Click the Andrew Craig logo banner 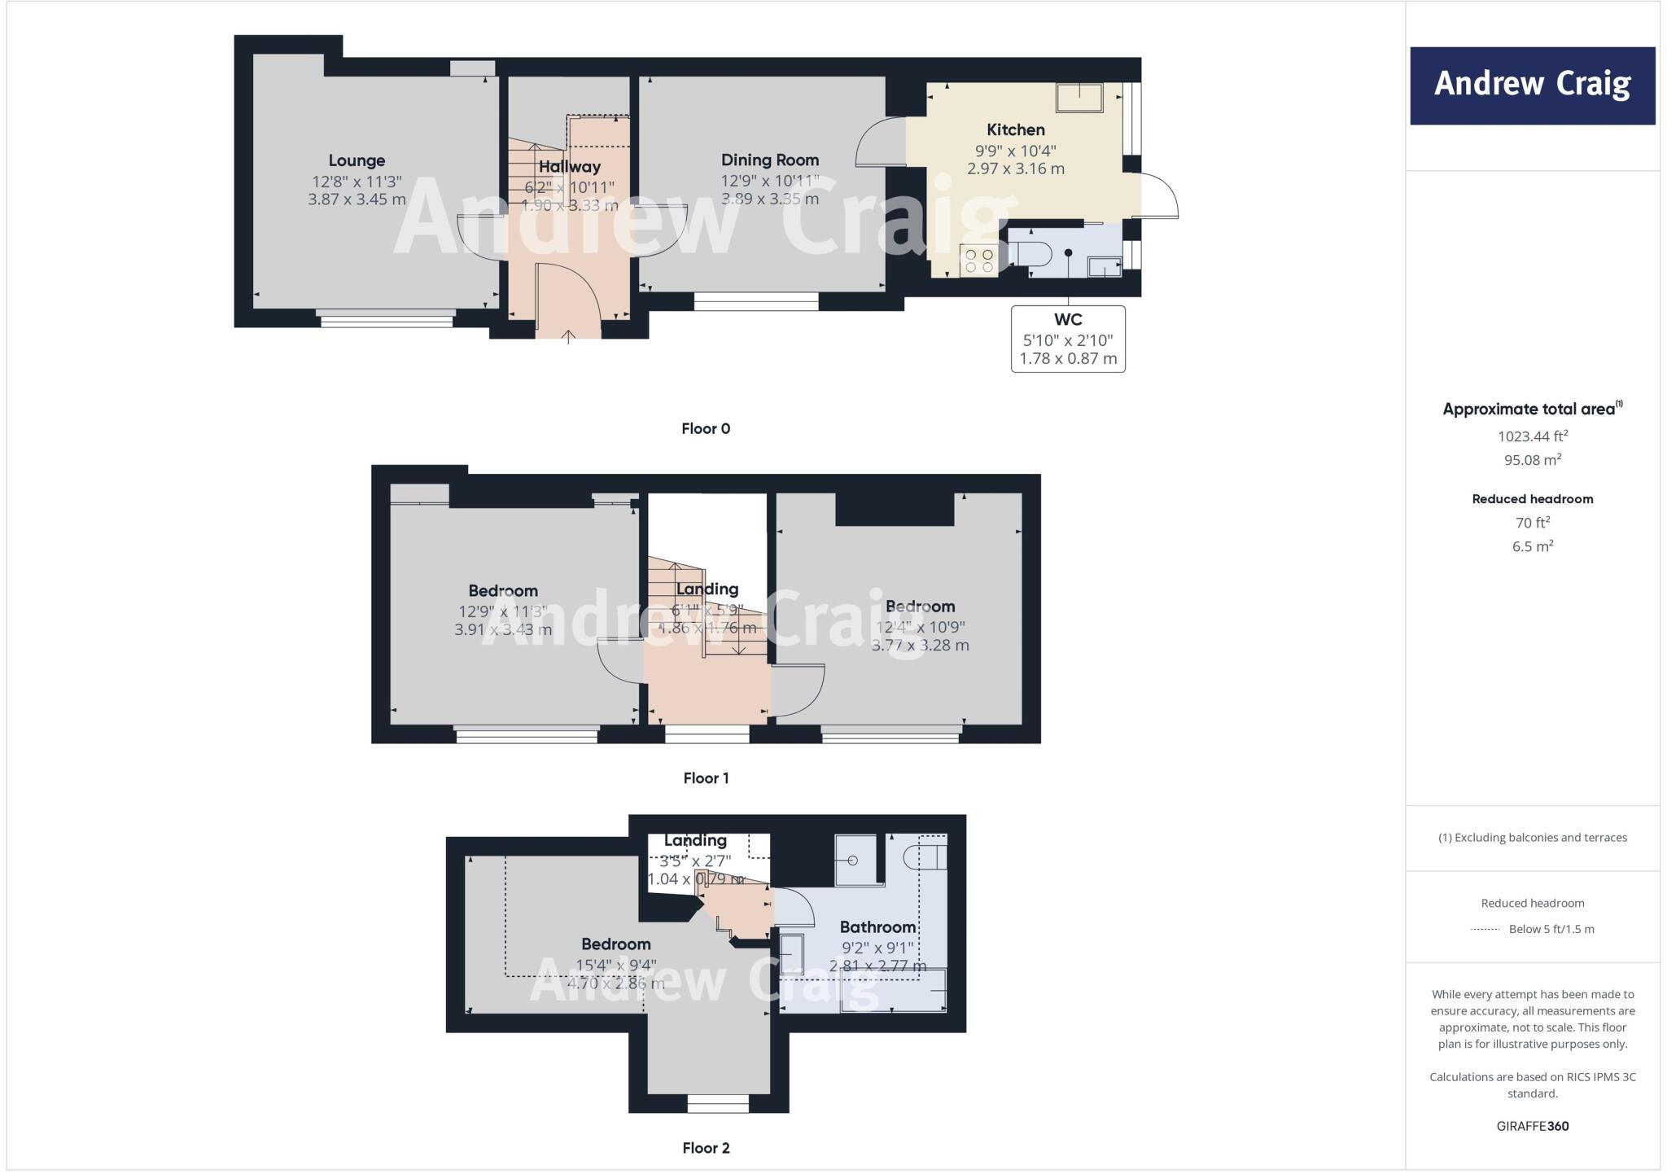click(x=1532, y=85)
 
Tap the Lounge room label click(x=357, y=160)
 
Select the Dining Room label click(x=769, y=160)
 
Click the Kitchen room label click(x=1015, y=129)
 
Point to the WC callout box click(x=1068, y=339)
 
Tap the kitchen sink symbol click(x=1079, y=98)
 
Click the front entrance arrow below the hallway click(x=568, y=335)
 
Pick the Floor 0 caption click(x=706, y=429)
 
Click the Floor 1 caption click(x=706, y=778)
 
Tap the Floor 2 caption click(x=706, y=1148)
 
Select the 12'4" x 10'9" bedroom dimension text click(x=920, y=627)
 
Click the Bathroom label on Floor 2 click(x=877, y=926)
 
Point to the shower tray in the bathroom click(x=855, y=860)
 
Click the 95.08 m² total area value click(x=1532, y=460)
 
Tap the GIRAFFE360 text click(x=1532, y=1126)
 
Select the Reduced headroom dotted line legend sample click(x=1485, y=930)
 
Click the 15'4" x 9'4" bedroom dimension click(x=615, y=965)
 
